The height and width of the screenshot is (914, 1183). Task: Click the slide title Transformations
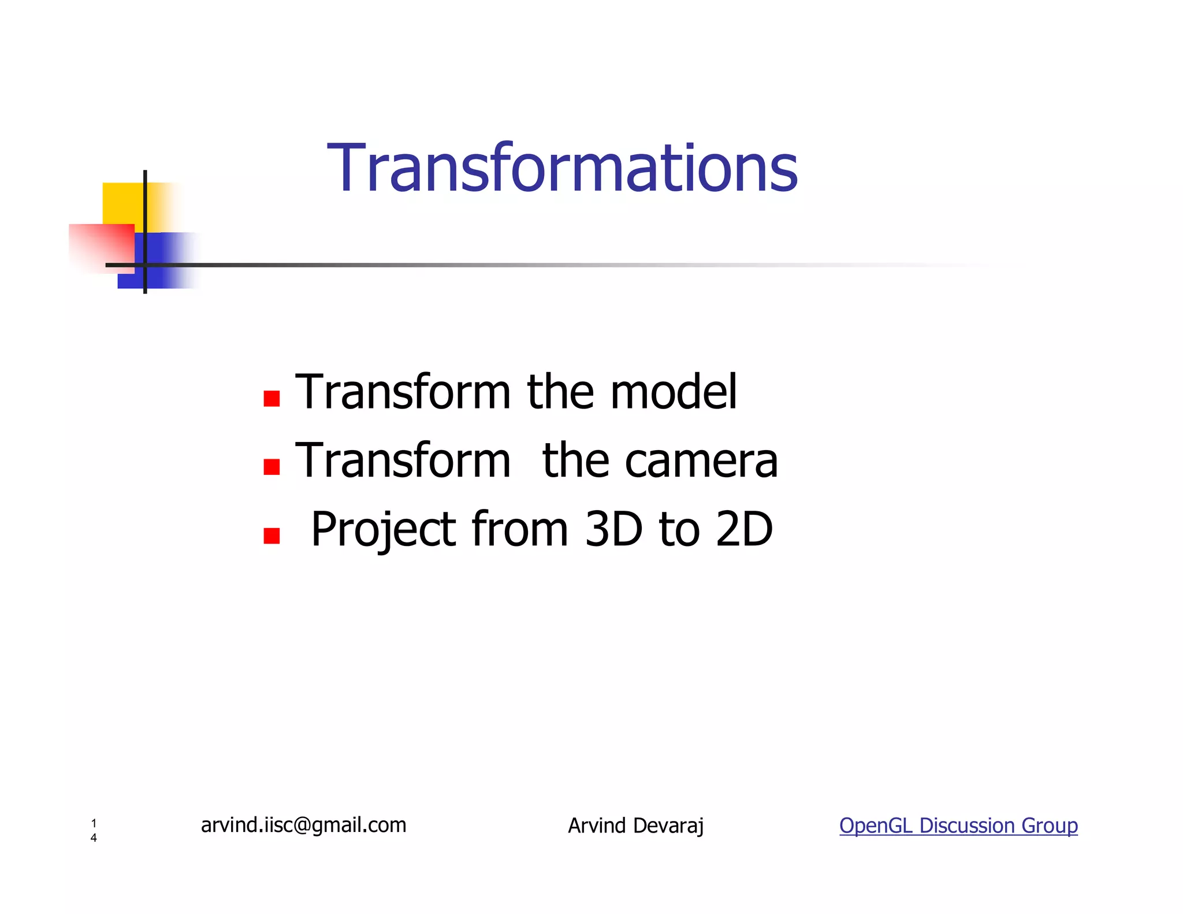tap(562, 169)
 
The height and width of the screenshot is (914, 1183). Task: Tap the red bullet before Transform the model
tap(271, 399)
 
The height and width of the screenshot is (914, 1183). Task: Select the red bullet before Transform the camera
tap(271, 467)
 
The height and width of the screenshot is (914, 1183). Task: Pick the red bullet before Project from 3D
tap(271, 536)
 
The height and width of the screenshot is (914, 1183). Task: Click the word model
tap(674, 393)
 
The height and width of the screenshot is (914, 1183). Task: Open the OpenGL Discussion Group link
tap(958, 826)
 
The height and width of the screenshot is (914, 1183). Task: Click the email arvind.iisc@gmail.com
tap(304, 825)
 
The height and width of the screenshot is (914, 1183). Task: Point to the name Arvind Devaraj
tap(635, 826)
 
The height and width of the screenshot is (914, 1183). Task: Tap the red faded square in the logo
tap(102, 247)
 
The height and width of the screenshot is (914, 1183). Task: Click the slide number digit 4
tap(94, 838)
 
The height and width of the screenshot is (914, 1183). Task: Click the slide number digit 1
tap(94, 823)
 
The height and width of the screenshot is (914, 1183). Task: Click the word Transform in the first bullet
tap(403, 393)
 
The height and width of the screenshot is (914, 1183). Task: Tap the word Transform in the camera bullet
tap(403, 461)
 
